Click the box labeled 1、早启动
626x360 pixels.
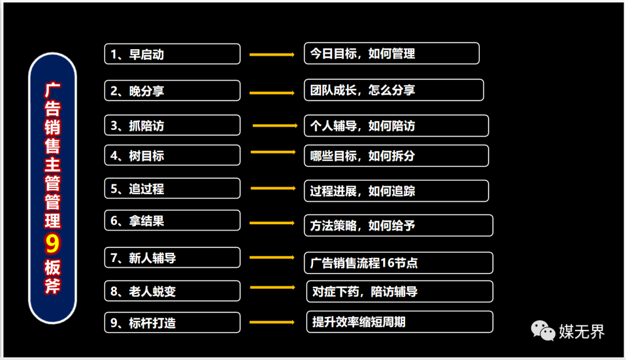point(172,54)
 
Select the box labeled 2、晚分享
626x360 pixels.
point(172,90)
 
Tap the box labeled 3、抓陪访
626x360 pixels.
point(172,125)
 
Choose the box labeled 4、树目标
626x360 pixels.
point(172,155)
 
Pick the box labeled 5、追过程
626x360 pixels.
point(172,188)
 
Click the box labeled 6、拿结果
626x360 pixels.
point(172,220)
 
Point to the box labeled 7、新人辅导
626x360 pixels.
point(172,257)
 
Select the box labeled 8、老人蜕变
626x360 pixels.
point(172,291)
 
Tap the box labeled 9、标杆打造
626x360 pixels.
point(172,322)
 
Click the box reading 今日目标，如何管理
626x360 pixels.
point(392,53)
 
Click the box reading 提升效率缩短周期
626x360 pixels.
point(400,322)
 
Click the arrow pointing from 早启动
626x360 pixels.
point(272,54)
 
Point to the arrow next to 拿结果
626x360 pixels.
point(272,223)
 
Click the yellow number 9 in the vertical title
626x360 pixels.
point(52,244)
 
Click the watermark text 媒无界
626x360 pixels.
point(581,332)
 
